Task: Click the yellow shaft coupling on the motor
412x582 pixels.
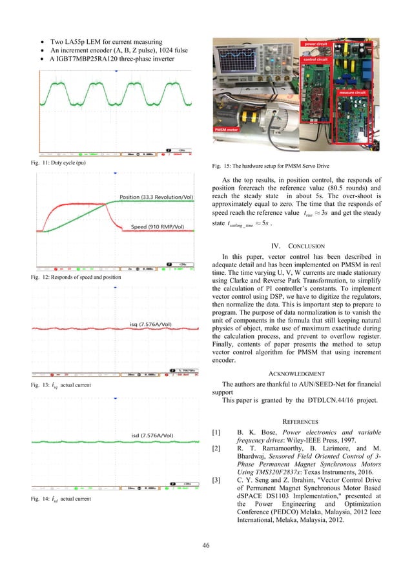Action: click(252, 117)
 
